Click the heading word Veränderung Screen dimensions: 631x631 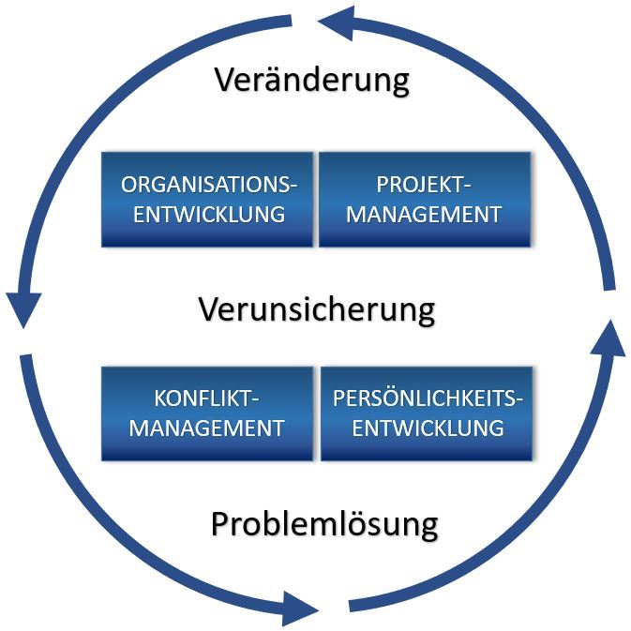311,80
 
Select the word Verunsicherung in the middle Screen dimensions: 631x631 317,308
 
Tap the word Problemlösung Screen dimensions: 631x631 323,523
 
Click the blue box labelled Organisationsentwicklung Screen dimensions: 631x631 207,199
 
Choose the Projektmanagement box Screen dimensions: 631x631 425,199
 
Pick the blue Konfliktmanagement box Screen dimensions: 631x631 207,413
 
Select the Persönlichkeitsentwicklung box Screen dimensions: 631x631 427,413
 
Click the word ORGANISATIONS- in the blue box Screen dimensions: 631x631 208,185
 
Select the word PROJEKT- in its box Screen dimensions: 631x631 425,185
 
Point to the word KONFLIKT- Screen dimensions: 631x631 207,399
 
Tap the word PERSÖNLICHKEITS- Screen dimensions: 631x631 428,399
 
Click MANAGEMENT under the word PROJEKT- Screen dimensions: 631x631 425,214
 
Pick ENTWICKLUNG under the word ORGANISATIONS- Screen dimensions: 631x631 208,214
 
